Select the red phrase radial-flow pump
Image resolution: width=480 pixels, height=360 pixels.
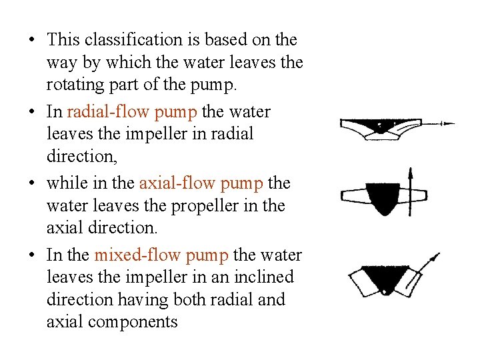pos(132,112)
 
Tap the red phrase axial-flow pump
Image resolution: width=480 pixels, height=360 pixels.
pos(201,183)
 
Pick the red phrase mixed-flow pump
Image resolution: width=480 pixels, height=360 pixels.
pos(161,255)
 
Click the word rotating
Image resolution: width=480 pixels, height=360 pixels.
pos(75,85)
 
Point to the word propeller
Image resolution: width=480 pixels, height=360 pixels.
pos(205,206)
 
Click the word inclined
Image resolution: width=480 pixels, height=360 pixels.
pos(264,277)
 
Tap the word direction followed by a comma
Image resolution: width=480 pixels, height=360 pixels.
pos(82,156)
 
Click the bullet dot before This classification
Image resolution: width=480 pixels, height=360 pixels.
pos(32,39)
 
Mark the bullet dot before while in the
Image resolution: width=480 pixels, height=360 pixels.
pos(32,183)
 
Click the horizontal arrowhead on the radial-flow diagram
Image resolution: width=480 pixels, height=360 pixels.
pos(449,124)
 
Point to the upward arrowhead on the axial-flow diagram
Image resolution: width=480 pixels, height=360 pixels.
pos(411,173)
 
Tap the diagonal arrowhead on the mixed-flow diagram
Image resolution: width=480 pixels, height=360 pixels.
pos(435,257)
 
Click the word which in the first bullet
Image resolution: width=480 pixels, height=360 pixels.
pos(128,63)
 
